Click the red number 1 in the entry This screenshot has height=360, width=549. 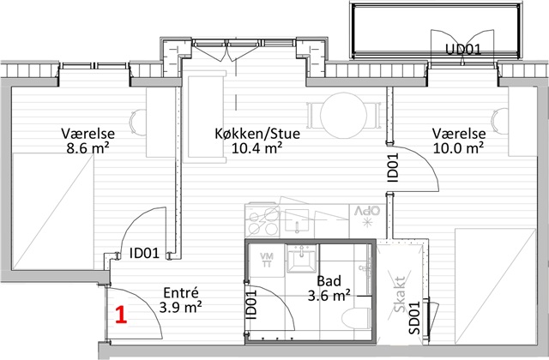tap(121, 315)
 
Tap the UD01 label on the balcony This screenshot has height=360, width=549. tap(463, 50)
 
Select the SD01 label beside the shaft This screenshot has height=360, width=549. tap(413, 318)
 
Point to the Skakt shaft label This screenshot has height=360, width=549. tap(400, 294)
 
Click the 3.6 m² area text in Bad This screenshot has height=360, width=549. tap(329, 296)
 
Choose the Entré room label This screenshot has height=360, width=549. tap(181, 292)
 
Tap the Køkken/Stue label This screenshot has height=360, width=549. tap(257, 134)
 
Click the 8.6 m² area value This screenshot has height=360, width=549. tap(87, 148)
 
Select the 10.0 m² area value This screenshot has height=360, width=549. tap(458, 148)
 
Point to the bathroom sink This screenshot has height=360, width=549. tap(301, 258)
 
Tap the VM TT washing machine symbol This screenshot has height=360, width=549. tap(267, 261)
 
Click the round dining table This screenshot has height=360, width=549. tap(344, 115)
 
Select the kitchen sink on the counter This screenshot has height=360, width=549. tap(297, 221)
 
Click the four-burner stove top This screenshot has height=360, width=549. tap(263, 220)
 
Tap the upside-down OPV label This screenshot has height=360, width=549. tap(367, 211)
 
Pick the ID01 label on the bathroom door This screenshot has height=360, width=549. tap(251, 305)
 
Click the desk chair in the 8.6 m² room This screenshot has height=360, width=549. tap(138, 122)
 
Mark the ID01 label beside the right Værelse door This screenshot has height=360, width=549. tap(393, 168)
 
